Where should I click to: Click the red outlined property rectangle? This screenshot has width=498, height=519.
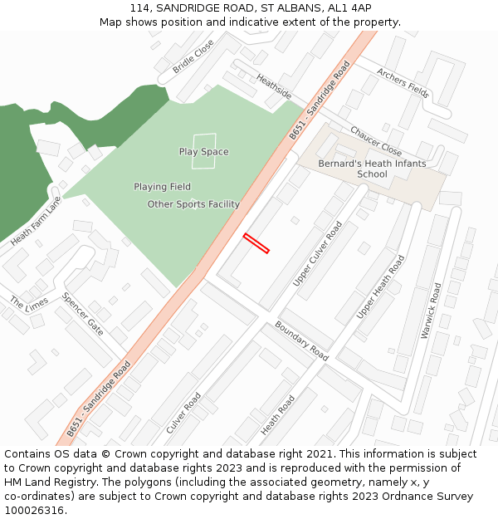coord(256,243)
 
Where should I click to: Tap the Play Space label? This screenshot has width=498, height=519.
coord(203,152)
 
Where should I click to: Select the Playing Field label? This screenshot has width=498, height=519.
coord(162,187)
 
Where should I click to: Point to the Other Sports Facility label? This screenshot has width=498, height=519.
coord(193,204)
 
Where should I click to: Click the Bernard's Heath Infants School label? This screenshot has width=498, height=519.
coord(372,169)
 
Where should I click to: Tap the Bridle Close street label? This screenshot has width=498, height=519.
coord(193,56)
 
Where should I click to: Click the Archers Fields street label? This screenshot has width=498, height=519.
coord(403,83)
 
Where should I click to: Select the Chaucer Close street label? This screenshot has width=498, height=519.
coord(375,141)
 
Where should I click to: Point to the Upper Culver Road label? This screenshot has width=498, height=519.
coord(317,254)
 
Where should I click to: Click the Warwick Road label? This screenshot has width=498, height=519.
coord(432,311)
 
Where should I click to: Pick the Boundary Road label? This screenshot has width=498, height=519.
coord(301,340)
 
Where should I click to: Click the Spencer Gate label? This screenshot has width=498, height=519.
coord(82,314)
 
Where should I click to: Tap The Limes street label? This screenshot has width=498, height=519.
coord(29,303)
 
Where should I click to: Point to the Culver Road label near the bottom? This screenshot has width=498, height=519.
coord(183,413)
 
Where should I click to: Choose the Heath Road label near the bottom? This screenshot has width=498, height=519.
coord(278,415)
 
